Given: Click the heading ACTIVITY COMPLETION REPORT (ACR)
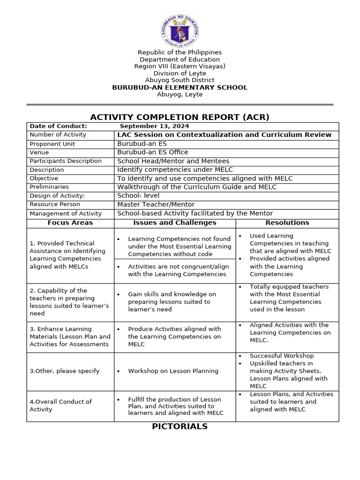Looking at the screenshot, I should click(180, 117).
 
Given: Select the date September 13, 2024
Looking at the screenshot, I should click(155, 126).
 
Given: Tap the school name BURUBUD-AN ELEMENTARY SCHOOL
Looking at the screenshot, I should click(180, 88).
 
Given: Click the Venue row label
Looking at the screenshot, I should click(39, 152).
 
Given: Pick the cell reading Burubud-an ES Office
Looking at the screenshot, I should click(153, 152).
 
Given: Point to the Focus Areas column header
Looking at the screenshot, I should click(70, 223).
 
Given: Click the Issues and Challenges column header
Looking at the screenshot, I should click(175, 223).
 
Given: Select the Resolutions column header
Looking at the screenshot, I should click(287, 223).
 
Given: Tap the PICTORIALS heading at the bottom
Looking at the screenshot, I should click(180, 427).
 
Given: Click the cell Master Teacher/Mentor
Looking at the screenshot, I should click(156, 204).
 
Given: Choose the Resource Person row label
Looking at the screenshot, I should click(55, 204).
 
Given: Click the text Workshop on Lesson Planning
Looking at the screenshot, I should click(173, 371).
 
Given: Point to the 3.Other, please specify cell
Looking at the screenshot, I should click(65, 371).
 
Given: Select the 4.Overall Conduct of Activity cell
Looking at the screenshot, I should click(61, 405).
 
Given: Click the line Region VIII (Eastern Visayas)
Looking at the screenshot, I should click(180, 67).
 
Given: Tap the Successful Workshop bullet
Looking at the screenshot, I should click(282, 356).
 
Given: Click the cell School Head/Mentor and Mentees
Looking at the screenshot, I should click(173, 161).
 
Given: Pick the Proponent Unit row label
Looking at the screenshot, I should click(52, 144).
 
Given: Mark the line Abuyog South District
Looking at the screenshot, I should click(180, 80).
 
